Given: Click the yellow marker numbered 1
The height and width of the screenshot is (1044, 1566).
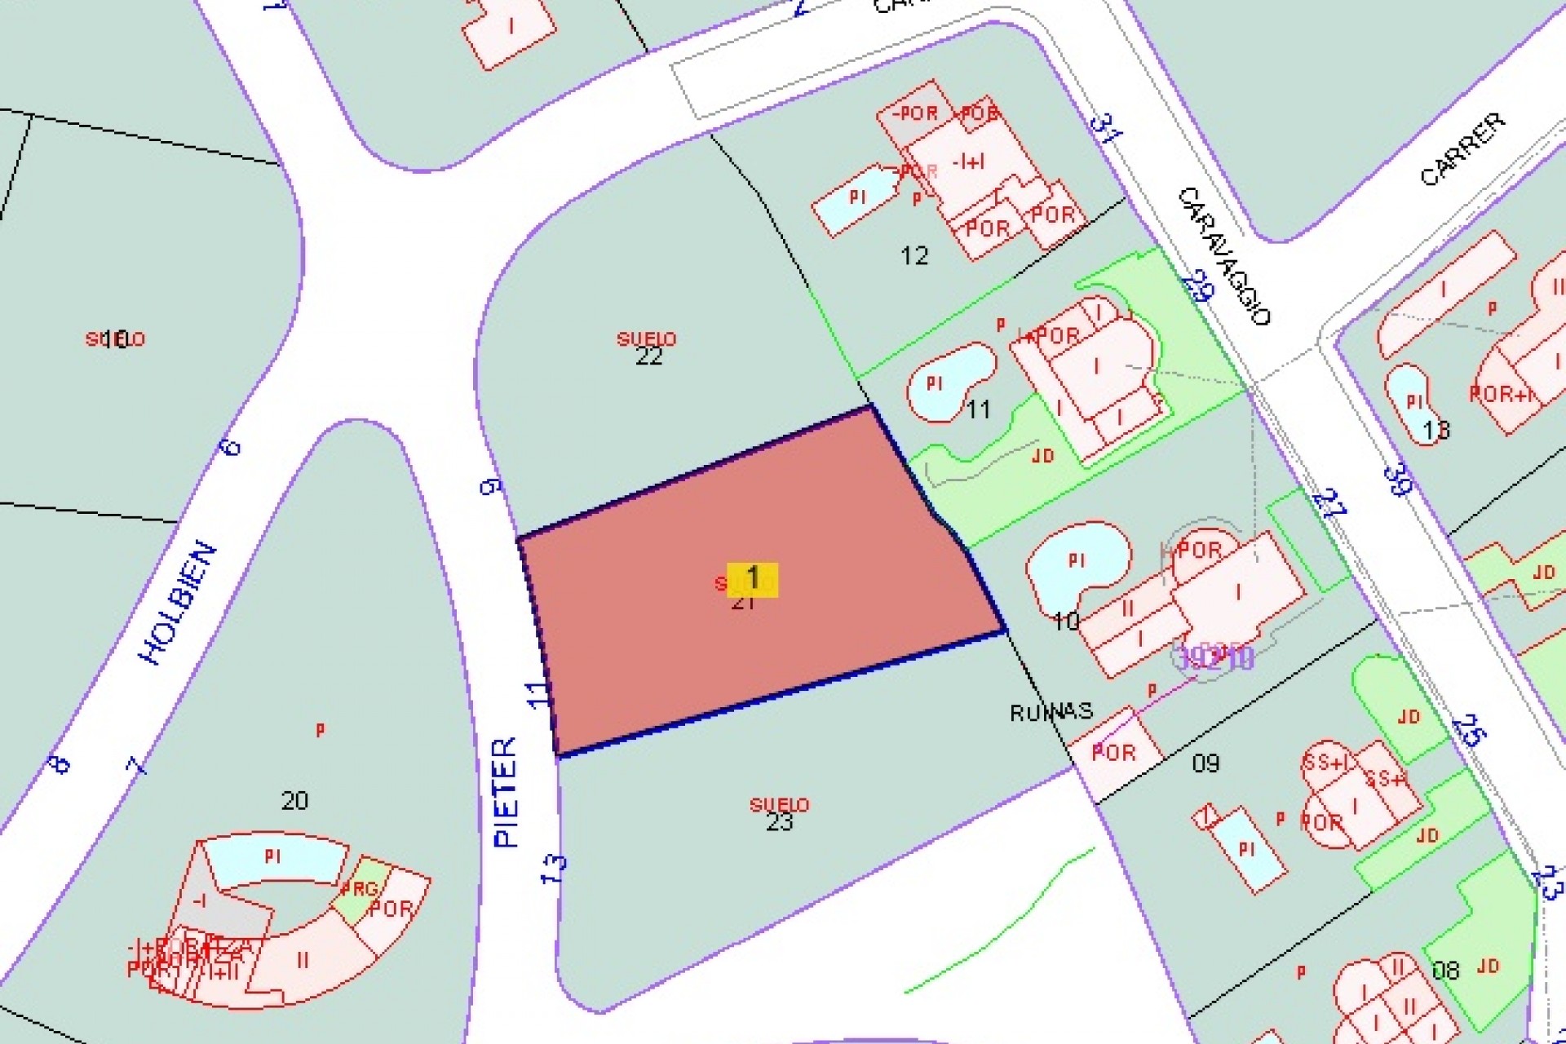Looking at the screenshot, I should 752,579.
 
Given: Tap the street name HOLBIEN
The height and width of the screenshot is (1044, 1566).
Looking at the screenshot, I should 180,603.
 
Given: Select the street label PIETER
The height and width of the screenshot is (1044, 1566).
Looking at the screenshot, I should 507,791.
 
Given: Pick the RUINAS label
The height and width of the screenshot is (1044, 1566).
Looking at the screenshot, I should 1051,712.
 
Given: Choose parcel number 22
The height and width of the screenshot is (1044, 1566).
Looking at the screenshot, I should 648,356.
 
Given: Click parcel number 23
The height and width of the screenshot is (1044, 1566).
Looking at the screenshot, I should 779,821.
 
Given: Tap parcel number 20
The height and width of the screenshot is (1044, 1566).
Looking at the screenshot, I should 294,800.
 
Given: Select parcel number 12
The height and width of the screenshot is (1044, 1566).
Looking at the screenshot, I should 914,256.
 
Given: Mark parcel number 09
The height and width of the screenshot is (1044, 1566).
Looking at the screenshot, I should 1205,763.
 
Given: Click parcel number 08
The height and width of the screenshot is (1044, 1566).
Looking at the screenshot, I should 1445,971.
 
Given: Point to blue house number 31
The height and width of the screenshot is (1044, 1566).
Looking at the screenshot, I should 1105,129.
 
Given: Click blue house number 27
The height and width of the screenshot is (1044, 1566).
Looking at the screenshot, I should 1329,503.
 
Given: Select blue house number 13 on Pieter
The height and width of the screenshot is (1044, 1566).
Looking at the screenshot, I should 553,868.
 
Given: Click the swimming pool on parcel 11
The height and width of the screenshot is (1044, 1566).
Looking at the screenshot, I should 946,381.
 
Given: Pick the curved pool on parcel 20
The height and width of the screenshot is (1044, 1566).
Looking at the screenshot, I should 273,858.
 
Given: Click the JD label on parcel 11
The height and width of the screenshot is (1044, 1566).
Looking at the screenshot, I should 1043,456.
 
